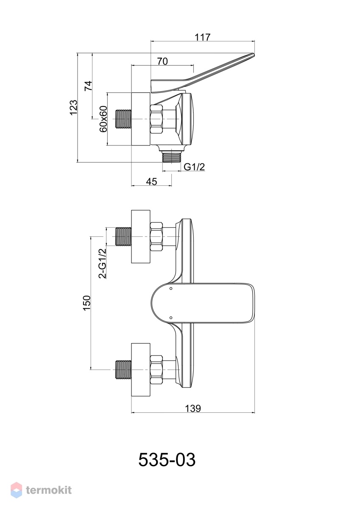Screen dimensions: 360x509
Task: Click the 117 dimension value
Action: tap(203, 37)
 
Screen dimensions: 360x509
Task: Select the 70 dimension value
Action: tap(162, 61)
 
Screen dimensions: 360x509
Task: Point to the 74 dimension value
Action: tap(89, 86)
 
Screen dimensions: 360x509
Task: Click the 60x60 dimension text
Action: tap(103, 119)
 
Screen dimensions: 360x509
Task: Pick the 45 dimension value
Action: tap(151, 182)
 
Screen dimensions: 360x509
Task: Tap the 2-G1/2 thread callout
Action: tap(103, 263)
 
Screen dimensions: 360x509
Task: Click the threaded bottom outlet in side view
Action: tap(171, 157)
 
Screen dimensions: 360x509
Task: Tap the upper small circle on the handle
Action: tap(171, 288)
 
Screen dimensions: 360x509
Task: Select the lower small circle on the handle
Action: tap(171, 317)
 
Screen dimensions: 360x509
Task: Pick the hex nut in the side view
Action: tap(157, 119)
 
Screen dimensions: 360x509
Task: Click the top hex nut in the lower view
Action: tap(157, 237)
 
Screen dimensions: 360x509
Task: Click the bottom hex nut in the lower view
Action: tap(157, 370)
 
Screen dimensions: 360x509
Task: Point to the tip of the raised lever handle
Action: tap(253, 54)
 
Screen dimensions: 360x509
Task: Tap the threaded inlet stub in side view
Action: tap(123, 119)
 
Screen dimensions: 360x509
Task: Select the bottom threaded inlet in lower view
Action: tap(123, 370)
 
